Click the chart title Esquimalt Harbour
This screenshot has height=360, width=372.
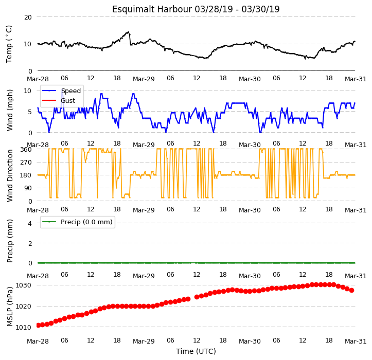[x=152, y=9]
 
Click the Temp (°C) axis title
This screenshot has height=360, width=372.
[x=9, y=44]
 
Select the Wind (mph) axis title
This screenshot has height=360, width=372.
[x=9, y=110]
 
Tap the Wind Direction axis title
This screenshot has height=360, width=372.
[x=9, y=176]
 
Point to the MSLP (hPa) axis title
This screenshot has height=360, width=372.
[x=9, y=307]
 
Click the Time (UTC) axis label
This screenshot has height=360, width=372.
[x=196, y=351]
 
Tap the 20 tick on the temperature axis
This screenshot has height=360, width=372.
[x=28, y=17]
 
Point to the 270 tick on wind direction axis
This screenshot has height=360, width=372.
[x=26, y=163]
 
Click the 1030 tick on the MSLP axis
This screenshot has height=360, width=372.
[x=24, y=285]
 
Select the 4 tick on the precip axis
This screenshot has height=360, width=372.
[x=30, y=223]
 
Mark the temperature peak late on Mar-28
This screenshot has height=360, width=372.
[x=128, y=32]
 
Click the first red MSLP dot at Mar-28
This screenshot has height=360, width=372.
[x=38, y=325]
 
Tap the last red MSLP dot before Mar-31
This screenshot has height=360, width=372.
[x=351, y=290]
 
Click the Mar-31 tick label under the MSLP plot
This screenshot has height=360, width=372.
[x=356, y=341]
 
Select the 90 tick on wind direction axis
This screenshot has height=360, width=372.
[x=28, y=188]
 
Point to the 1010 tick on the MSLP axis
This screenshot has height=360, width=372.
[x=24, y=327]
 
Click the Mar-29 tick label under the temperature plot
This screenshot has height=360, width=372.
[x=144, y=79]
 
